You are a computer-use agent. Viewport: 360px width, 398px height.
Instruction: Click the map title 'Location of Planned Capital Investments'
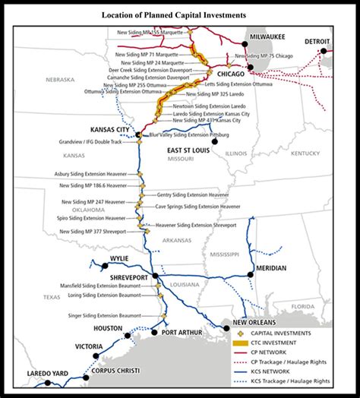(179, 14)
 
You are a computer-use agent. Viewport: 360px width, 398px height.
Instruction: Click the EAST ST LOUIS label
(190, 151)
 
